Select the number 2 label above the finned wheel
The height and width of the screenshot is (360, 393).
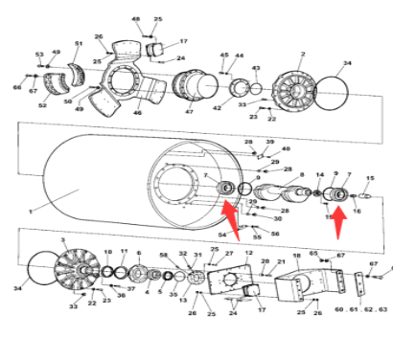click(302, 55)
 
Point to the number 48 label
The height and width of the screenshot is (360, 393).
click(135, 19)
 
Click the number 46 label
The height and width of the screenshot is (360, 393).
click(138, 113)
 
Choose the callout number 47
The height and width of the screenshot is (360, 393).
click(189, 113)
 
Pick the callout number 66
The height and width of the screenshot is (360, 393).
click(16, 87)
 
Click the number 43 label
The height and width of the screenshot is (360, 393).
click(255, 68)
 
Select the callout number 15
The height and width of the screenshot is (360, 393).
click(371, 179)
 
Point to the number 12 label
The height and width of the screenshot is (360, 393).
click(248, 253)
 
